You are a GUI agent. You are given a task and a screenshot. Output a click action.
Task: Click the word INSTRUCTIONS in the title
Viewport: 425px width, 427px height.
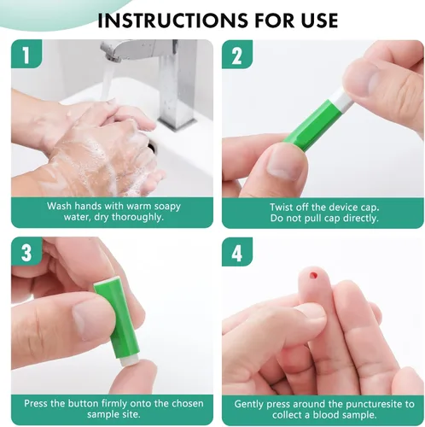click(172, 20)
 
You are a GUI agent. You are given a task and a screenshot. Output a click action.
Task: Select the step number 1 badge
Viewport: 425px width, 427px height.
click(26, 54)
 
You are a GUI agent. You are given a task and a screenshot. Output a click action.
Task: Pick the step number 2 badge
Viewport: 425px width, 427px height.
click(237, 55)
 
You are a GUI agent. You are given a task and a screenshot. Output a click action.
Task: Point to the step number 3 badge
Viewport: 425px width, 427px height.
click(26, 252)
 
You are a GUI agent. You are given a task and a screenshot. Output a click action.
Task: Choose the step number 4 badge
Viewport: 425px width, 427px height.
click(237, 252)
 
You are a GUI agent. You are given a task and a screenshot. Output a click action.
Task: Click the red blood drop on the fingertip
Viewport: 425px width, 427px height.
click(313, 275)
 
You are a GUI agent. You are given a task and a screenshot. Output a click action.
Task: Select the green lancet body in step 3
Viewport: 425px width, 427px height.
click(117, 319)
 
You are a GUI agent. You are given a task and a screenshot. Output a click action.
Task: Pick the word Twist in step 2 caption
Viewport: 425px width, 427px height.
click(281, 207)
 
